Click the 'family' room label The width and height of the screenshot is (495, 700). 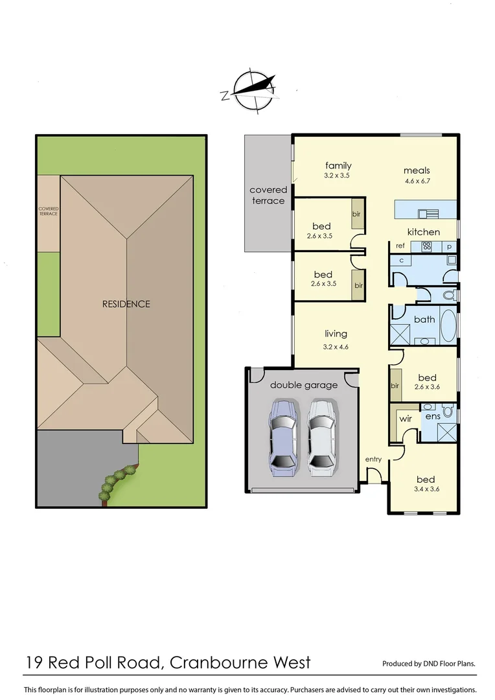pos(338,166)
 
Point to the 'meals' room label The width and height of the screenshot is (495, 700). pos(416,170)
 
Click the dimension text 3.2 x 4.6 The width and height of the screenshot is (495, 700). pos(336,347)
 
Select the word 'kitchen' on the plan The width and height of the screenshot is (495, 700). pos(423,232)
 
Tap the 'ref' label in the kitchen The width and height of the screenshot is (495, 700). pos(400,246)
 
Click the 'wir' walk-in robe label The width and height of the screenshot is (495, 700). pos(406,419)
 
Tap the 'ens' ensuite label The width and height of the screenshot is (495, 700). pos(433,416)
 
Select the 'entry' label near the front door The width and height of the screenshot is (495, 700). pos(373,460)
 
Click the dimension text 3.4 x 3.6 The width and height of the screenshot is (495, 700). pos(427,489)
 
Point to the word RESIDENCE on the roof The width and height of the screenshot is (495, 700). pos(126,304)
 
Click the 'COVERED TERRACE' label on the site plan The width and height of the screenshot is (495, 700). pos(48,211)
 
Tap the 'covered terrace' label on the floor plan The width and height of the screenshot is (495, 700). pos(268,195)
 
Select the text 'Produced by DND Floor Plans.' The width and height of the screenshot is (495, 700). pos(429,664)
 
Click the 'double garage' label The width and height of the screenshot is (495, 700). pos(304,385)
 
